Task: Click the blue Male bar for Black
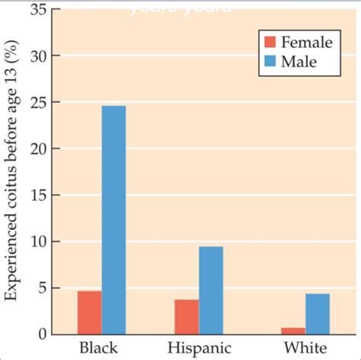point(113,220)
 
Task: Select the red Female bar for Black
point(89,313)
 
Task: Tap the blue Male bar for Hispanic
point(211,290)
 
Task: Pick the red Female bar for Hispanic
point(187,317)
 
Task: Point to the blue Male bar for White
point(318,314)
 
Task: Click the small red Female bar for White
point(293,330)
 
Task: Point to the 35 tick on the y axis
point(37,10)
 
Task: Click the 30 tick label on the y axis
point(37,56)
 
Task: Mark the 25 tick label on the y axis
point(37,103)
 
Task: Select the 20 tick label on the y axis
point(37,149)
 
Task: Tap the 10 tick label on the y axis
point(37,242)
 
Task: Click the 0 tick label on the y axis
point(41,334)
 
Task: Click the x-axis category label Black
point(99,349)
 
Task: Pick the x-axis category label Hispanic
point(200,349)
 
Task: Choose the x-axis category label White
point(305,349)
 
